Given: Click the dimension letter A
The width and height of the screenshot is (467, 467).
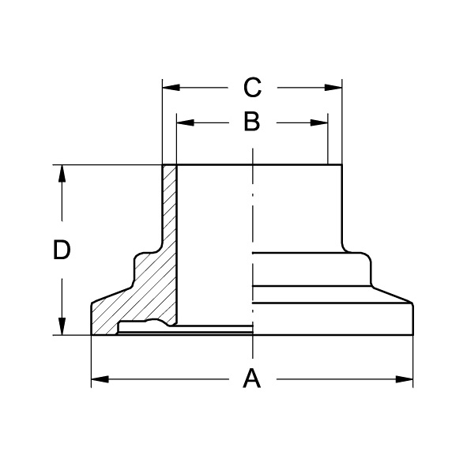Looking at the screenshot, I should click(x=250, y=379).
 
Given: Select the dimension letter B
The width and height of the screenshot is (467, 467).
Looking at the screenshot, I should click(x=250, y=122).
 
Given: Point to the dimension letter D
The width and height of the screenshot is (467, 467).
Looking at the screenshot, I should click(x=62, y=250).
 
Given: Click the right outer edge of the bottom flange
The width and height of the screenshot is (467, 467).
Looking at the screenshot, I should click(x=413, y=320).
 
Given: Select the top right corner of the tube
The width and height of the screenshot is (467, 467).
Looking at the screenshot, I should click(x=341, y=164).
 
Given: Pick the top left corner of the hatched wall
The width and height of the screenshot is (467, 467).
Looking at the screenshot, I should click(x=163, y=165).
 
